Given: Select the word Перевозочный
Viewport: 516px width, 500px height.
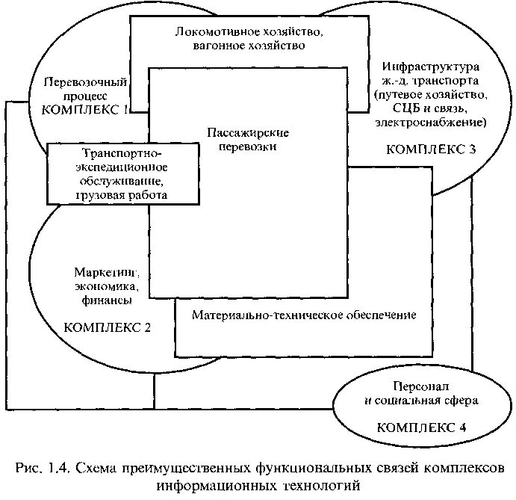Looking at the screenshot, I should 85,82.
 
